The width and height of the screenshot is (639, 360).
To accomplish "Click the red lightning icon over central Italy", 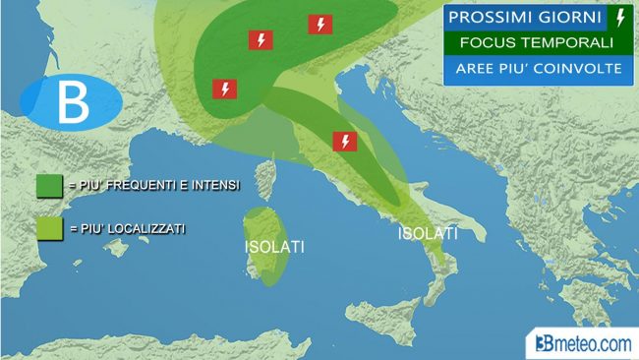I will click(x=344, y=141).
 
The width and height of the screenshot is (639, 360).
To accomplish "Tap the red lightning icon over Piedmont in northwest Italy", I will click(x=225, y=90).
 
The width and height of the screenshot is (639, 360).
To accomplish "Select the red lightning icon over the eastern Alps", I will click(x=319, y=25).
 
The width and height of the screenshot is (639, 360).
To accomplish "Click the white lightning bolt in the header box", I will click(x=619, y=17).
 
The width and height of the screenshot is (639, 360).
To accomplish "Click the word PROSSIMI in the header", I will click(x=489, y=18).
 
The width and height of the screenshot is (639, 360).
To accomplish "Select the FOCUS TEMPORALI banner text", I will click(x=536, y=43).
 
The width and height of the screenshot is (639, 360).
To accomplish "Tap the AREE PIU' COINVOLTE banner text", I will click(x=536, y=69).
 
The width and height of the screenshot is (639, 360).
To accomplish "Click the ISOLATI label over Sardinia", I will click(x=274, y=247).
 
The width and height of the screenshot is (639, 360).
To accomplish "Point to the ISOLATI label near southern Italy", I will click(x=429, y=234).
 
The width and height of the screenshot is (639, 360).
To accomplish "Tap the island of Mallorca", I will click(x=117, y=247).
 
